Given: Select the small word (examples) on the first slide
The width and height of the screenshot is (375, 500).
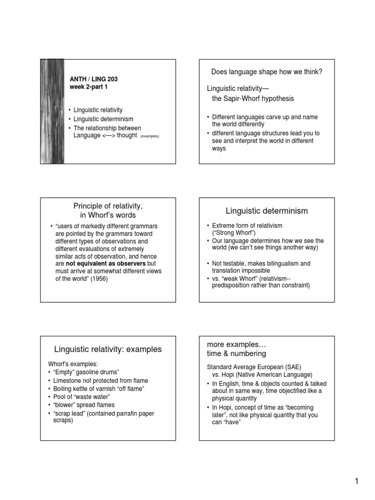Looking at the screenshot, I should pos(150,136).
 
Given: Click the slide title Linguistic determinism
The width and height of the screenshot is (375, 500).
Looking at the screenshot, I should pos(267,210).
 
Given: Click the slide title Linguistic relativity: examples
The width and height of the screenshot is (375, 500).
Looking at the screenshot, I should pos(107,349).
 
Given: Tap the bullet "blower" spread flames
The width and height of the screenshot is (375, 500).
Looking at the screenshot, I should pos(84,405).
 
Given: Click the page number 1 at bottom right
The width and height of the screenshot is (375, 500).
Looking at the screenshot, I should pos(357,482).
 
